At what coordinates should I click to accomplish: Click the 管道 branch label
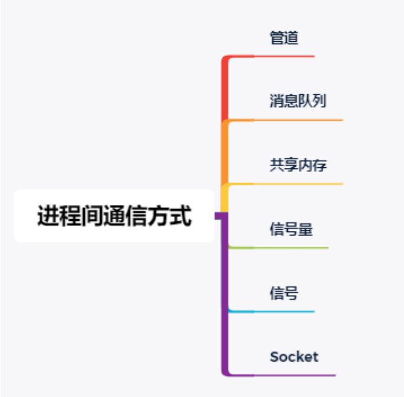284,38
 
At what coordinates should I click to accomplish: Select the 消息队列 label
298,101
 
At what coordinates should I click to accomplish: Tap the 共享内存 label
298,166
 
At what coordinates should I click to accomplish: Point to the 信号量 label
291,229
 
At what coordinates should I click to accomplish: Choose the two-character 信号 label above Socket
284,293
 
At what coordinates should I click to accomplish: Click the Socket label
294,356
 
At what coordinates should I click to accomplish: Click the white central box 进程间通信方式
114,216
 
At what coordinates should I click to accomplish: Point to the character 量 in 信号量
305,229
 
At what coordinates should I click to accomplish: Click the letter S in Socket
274,356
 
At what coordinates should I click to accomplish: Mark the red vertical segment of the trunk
225,88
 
